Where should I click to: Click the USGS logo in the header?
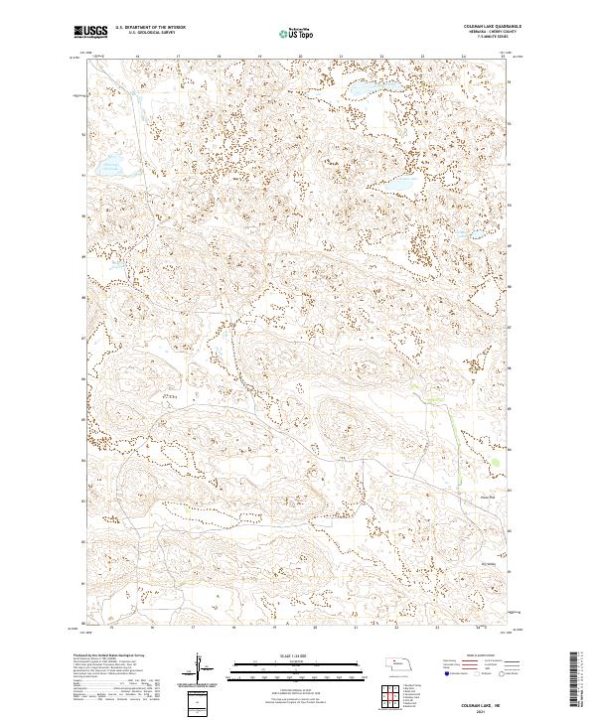[x=90, y=32]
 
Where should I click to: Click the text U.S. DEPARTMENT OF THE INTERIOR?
[x=150, y=27]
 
